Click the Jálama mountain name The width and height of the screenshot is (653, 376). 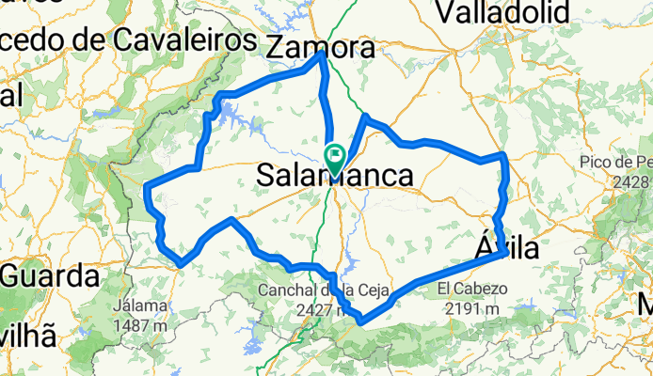(138, 305)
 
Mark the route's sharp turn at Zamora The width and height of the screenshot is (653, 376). (323, 54)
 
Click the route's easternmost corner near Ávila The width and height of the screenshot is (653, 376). (508, 252)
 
